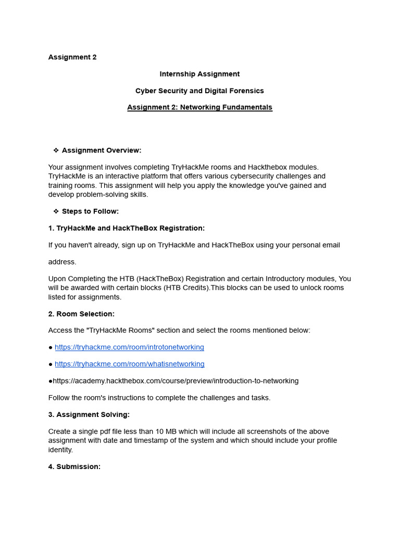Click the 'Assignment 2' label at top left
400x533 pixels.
tap(72, 57)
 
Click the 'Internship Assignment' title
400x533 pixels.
tap(199, 74)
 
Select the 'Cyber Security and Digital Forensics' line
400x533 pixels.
tap(199, 91)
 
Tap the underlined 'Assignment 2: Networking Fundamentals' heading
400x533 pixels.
tap(199, 107)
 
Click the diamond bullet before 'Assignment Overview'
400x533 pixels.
tap(56, 150)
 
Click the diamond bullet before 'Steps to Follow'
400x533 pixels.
tap(56, 211)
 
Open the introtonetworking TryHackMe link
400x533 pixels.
tap(129, 347)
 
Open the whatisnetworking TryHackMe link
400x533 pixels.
tap(129, 364)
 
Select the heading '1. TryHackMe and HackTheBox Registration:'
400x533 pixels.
tap(127, 228)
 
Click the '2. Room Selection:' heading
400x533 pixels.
tap(81, 314)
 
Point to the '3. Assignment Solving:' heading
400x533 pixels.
tap(89, 414)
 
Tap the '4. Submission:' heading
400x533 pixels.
tap(74, 466)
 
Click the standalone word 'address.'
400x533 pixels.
tap(62, 262)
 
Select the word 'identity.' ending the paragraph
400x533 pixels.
tap(60, 450)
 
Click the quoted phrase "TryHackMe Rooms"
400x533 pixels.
tap(110, 331)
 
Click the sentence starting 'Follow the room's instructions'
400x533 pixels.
tap(159, 398)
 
